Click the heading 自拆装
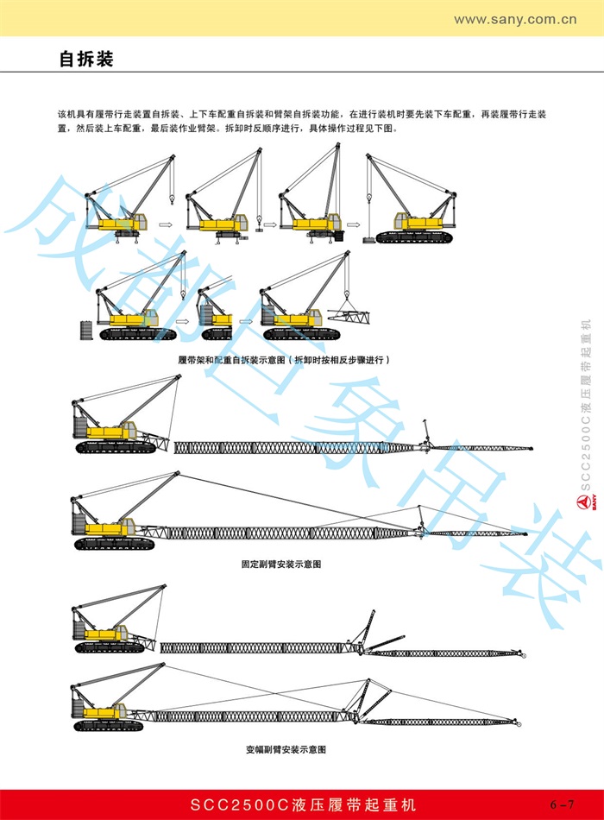coord(86,60)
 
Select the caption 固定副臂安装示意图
coord(281,565)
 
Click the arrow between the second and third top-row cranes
coord(268,225)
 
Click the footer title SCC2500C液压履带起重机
coord(303,804)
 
